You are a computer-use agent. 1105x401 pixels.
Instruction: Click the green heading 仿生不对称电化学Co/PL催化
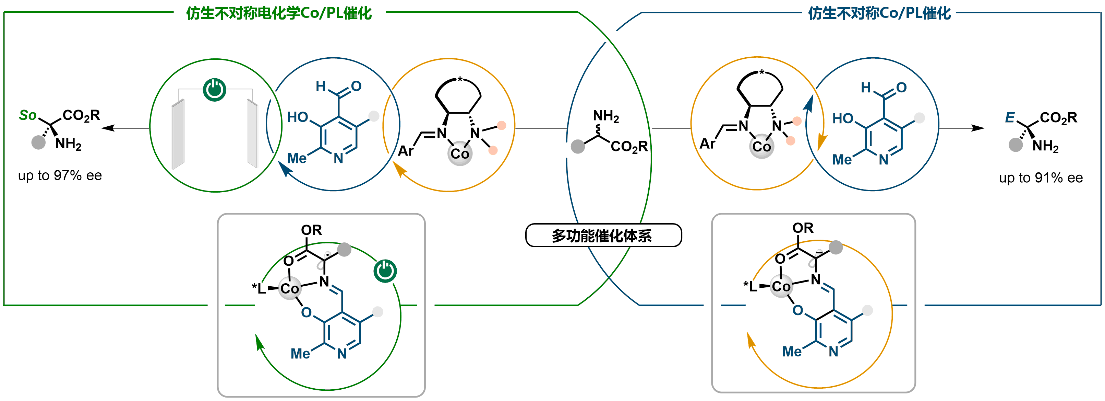(279, 13)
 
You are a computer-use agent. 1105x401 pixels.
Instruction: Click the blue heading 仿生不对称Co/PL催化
(879, 13)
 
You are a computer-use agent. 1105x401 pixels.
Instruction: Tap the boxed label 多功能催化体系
(603, 235)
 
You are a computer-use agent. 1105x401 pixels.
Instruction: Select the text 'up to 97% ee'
(60, 175)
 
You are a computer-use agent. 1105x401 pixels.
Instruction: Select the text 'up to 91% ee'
(1041, 178)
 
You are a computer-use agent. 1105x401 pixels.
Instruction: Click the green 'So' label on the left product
(28, 115)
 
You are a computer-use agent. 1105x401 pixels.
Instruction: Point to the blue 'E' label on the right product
(1010, 117)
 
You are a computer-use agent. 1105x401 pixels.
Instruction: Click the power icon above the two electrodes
(215, 90)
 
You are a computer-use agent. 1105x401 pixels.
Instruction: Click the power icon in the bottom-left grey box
(385, 271)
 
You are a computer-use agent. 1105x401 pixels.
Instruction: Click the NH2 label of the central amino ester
(606, 116)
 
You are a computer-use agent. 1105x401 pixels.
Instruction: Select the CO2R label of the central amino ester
(629, 147)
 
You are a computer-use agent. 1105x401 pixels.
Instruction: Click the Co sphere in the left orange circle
(460, 153)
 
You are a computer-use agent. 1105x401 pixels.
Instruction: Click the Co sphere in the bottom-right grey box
(781, 286)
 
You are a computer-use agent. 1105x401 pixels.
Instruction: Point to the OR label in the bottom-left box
(311, 230)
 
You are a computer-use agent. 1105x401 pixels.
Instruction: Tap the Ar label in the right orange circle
(707, 144)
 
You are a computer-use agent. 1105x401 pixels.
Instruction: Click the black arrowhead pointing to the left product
(107, 128)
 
